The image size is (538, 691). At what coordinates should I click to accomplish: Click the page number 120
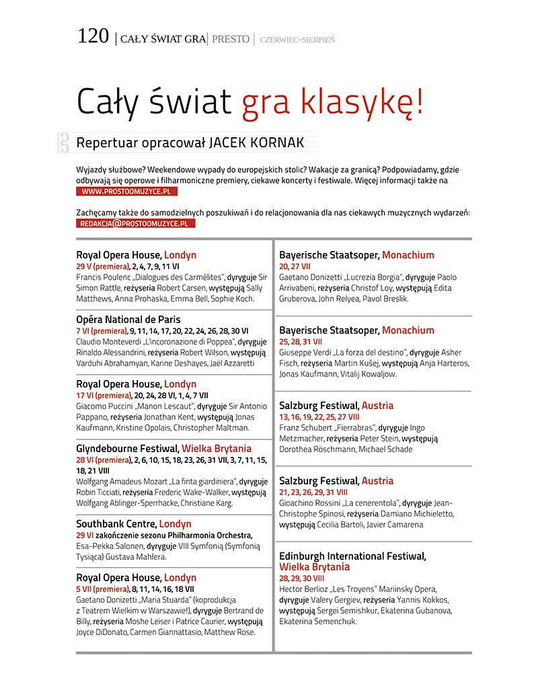tap(93, 36)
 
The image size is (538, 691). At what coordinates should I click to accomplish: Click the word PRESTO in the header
tap(231, 39)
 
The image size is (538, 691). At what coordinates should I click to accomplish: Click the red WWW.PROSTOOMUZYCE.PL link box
tap(127, 192)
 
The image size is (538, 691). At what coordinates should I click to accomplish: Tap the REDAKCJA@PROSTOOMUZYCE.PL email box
tap(136, 223)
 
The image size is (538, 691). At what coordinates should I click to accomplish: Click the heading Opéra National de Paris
tap(128, 320)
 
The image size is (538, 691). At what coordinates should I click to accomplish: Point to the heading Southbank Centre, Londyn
tap(134, 524)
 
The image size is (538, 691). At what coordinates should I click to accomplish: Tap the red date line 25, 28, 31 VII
tap(301, 342)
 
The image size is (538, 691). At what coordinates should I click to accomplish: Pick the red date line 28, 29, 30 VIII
tap(301, 578)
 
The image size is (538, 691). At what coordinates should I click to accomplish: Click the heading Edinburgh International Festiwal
tap(352, 556)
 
